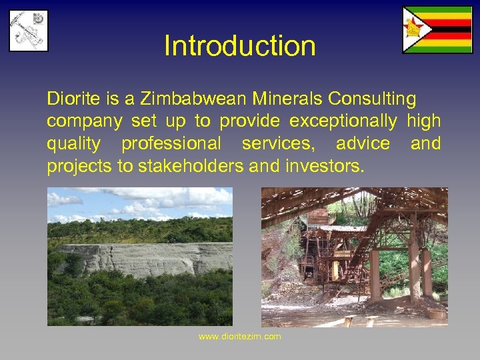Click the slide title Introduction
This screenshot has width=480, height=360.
click(x=240, y=46)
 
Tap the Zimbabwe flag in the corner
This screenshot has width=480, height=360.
click(x=437, y=30)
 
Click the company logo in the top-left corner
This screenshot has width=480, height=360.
click(x=28, y=30)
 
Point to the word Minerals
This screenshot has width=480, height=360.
click(x=287, y=99)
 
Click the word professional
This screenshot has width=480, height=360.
click(x=171, y=143)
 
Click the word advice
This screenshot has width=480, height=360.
click(x=363, y=143)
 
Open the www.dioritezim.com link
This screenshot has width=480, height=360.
click(x=240, y=337)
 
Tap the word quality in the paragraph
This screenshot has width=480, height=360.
click(x=73, y=143)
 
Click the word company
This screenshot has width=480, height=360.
click(x=84, y=121)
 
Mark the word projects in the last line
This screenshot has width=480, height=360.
click(x=79, y=166)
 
